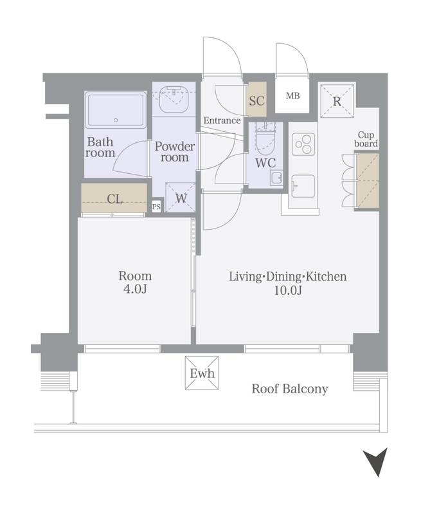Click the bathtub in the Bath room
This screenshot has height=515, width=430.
click(116, 110)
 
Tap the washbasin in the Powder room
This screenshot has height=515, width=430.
click(174, 99)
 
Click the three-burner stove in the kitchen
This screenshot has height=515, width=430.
click(303, 144)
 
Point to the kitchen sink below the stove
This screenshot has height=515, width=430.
click(303, 186)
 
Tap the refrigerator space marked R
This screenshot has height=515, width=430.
click(337, 101)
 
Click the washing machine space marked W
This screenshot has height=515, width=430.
click(181, 198)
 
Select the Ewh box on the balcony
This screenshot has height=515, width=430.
click(202, 373)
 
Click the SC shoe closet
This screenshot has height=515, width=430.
click(256, 100)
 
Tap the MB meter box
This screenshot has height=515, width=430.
click(292, 95)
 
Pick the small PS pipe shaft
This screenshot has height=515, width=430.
click(156, 207)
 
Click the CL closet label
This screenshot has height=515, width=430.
click(115, 199)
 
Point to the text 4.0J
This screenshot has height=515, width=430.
click(135, 288)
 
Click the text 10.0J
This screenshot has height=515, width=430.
click(288, 290)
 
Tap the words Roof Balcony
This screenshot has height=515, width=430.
click(290, 389)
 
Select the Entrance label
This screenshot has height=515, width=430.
click(222, 120)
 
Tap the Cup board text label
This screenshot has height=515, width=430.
click(366, 139)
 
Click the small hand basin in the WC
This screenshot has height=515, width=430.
click(276, 178)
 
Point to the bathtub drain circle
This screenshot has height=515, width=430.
click(116, 120)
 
